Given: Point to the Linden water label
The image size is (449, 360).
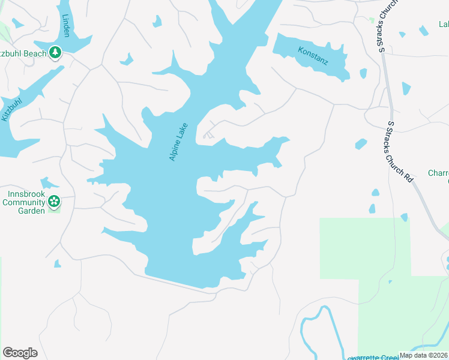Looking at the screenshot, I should coord(66,26).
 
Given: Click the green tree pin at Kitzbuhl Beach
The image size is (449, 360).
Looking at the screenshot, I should coord(55,53).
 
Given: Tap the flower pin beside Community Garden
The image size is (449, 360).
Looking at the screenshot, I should coord(54,202).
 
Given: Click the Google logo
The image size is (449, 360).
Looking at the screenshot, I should coord(20,352).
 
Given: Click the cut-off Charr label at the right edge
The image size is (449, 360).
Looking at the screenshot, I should coord(439,173).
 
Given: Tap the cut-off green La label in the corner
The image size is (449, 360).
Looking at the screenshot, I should coord(444,25).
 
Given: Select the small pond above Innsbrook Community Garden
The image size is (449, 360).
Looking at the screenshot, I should coord(47,182).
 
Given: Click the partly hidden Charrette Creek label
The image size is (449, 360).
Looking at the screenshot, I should coord(372,358).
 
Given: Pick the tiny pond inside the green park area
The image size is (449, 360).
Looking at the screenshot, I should coord(390,281).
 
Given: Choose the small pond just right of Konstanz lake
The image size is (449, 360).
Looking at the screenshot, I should coord(363,73).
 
